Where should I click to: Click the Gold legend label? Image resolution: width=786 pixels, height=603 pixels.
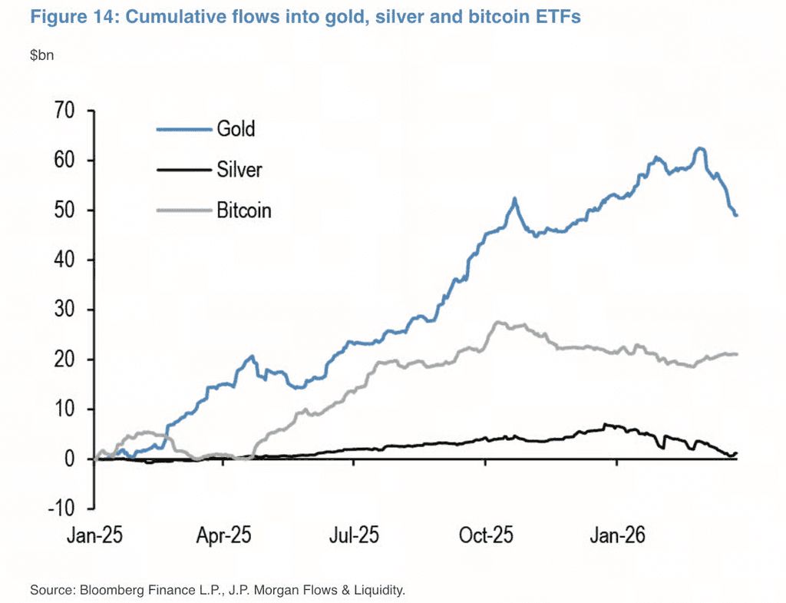(x=236, y=129)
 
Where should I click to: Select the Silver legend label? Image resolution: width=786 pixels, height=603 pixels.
(x=239, y=170)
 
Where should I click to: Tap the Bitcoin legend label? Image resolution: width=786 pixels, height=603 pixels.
(x=244, y=210)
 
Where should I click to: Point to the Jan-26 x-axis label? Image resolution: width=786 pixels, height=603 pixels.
(x=615, y=535)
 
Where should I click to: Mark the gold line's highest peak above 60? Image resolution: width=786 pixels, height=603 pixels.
(x=699, y=148)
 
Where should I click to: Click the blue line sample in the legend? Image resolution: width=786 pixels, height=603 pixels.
(x=184, y=129)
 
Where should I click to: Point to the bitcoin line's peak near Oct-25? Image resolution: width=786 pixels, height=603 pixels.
(x=499, y=323)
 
